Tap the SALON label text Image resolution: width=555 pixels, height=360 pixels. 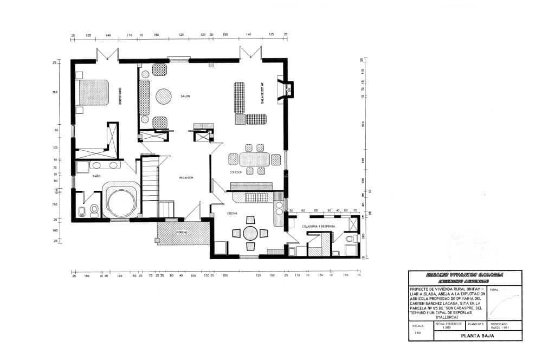tap(185, 96)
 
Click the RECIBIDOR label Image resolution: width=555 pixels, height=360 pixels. tap(187, 178)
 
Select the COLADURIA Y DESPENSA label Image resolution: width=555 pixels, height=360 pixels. tap(318, 226)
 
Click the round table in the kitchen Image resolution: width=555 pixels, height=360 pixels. tap(250, 233)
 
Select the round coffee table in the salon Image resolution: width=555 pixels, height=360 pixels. tap(164, 97)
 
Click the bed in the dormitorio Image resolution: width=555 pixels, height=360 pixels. tap(94, 93)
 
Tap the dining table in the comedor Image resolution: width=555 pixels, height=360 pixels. tap(254, 159)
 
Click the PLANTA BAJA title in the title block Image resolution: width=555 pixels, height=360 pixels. tap(477, 336)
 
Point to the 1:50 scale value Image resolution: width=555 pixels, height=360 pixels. tap(417, 333)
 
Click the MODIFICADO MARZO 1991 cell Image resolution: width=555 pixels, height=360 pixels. tap(500, 325)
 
